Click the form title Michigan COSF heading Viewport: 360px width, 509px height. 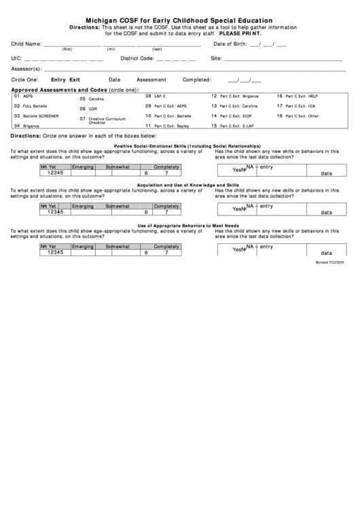[179, 20]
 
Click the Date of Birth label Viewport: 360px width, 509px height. [230, 44]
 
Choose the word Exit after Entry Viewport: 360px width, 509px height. [75, 80]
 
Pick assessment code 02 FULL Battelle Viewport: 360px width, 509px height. [31, 106]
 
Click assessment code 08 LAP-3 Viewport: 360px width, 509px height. [156, 96]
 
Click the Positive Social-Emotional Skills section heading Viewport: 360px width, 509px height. [187, 146]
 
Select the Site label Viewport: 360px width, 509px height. [217, 58]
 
